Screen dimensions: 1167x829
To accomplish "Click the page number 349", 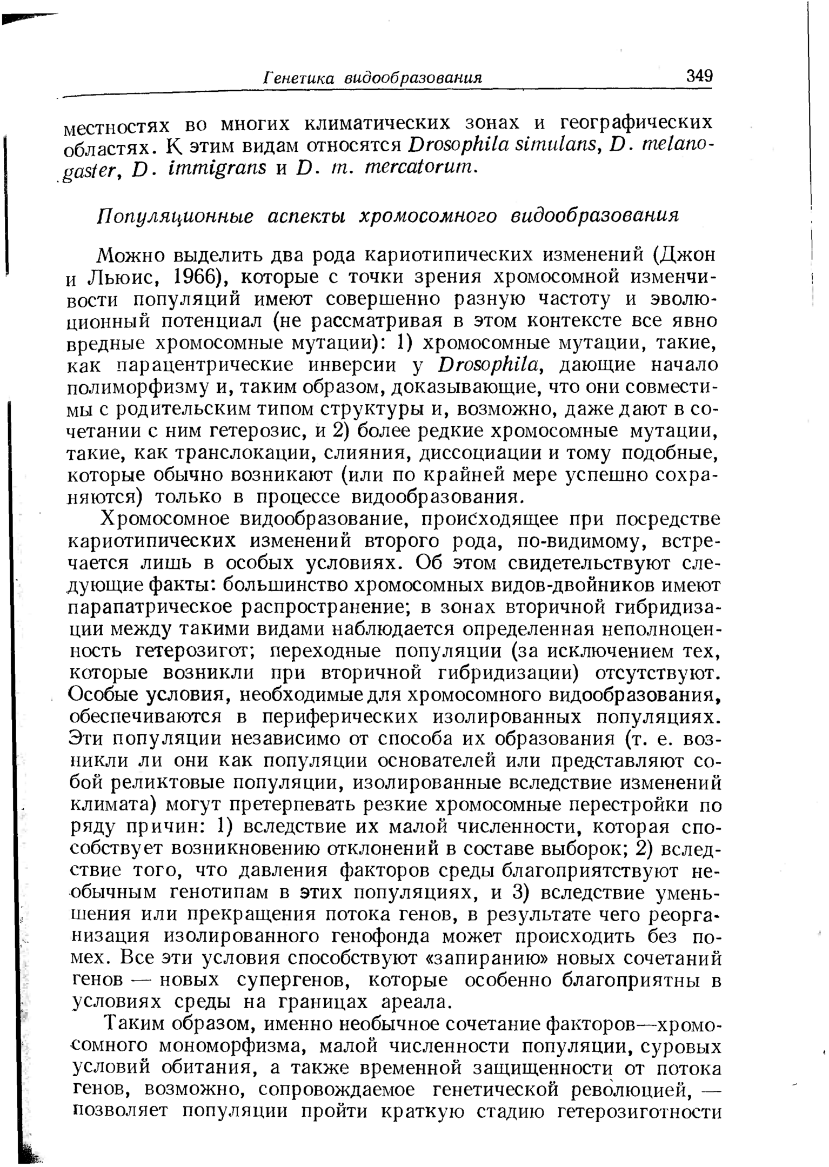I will coord(699,75).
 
